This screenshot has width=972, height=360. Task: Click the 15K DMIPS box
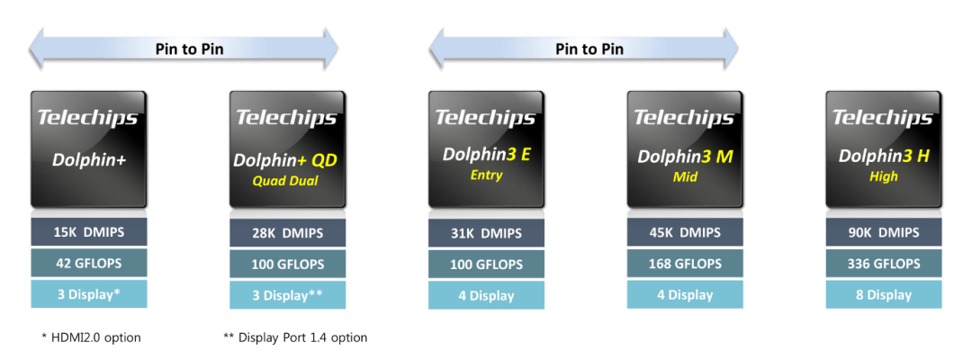point(88,232)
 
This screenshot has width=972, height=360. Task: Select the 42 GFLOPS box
point(88,263)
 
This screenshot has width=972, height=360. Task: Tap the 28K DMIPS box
point(287,233)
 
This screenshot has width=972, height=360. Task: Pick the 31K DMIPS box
point(486,233)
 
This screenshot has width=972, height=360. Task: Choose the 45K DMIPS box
point(685,233)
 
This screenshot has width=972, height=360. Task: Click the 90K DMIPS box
point(883,232)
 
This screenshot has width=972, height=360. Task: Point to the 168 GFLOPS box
point(685,264)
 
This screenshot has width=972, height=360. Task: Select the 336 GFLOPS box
point(883,264)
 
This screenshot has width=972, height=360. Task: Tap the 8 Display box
point(883,294)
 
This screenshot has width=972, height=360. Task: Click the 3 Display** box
point(287,295)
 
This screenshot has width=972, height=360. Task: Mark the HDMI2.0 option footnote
point(91,337)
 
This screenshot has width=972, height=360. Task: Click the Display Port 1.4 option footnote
point(295,337)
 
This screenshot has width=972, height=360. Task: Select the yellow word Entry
point(486,175)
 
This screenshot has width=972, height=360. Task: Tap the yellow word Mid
point(685,177)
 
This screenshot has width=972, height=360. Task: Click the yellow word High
point(884,176)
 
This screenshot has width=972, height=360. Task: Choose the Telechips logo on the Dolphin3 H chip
point(883,118)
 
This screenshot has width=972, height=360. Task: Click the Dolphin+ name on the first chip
point(88,159)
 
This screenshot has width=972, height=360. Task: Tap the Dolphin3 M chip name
point(685,157)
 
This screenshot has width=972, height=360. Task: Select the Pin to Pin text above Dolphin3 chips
point(589,49)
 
